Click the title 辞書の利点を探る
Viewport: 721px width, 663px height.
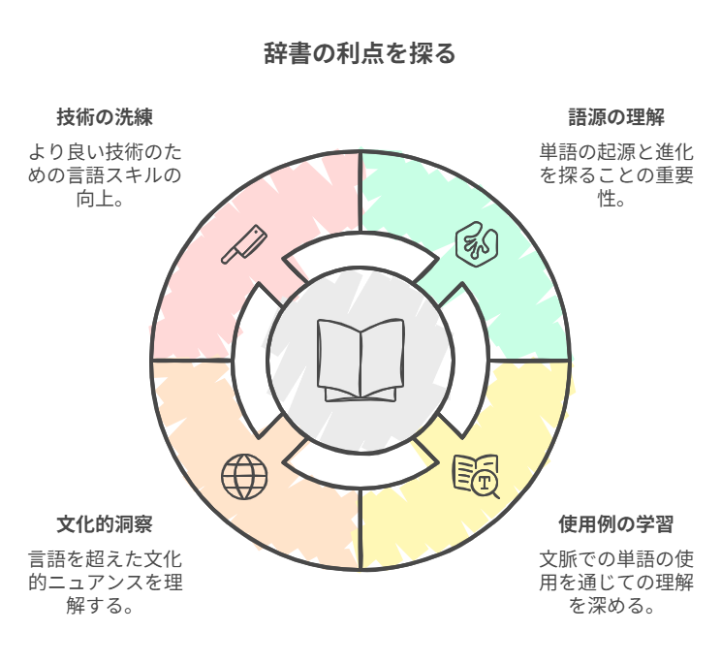pos(360,53)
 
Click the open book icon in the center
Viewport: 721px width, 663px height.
pos(360,360)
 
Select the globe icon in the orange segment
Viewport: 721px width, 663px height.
pos(244,475)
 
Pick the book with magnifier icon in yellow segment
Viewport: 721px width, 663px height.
pos(476,475)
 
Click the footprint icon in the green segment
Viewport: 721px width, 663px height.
pos(477,242)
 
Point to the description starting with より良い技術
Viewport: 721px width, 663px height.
pos(105,174)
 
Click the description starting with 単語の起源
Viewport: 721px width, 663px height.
pos(616,174)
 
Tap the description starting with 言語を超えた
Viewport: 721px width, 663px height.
pos(105,583)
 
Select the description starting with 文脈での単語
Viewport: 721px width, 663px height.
pos(616,583)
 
